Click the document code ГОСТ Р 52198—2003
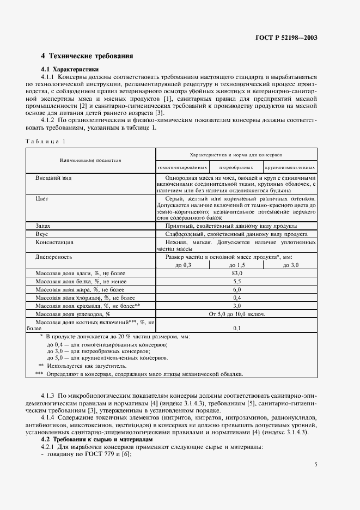coord(286,38)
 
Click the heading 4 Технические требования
coord(87,56)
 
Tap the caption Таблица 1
coord(45,142)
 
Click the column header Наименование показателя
coord(90,161)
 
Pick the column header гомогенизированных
coord(182,167)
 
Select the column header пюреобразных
coord(236,167)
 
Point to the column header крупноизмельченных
coord(290,167)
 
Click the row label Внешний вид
coord(53,178)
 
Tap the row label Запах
coord(44,225)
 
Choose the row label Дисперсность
coord(54,256)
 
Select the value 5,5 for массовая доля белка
coord(236,281)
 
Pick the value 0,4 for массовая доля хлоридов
coord(236,297)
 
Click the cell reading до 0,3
coord(183,265)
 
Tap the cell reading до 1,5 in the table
coord(236,265)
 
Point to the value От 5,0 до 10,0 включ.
coord(236,314)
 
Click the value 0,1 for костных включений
coord(236,329)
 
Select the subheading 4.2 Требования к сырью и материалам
coord(96,439)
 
